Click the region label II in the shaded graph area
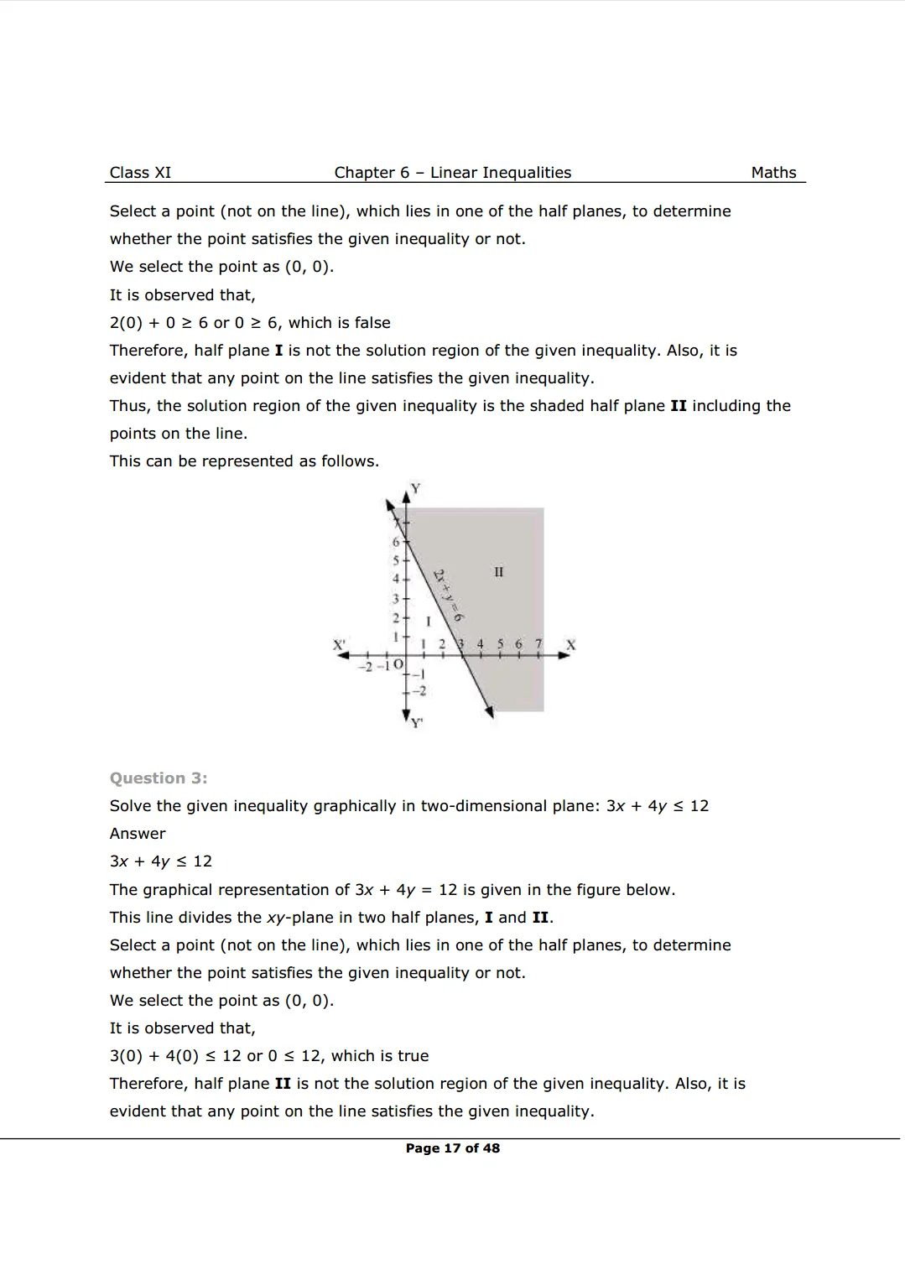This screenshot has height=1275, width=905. pyautogui.click(x=499, y=572)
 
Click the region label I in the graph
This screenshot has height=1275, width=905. pyautogui.click(x=429, y=622)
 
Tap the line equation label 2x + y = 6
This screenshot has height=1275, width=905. pyautogui.click(x=449, y=595)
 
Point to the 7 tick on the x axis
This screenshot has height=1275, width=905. pyautogui.click(x=538, y=644)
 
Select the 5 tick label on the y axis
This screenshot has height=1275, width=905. pyautogui.click(x=396, y=560)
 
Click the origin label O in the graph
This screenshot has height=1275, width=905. pyautogui.click(x=398, y=665)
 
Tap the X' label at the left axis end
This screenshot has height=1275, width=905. pyautogui.click(x=339, y=645)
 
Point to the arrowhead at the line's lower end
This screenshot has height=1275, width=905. pyautogui.click(x=490, y=712)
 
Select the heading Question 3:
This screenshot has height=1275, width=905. pyautogui.click(x=159, y=778)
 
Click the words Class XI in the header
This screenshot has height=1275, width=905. pyautogui.click(x=140, y=173)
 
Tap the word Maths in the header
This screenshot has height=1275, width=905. pyautogui.click(x=773, y=173)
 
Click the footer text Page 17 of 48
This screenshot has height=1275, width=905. pyautogui.click(x=452, y=1148)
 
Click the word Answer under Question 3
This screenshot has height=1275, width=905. pyautogui.click(x=138, y=834)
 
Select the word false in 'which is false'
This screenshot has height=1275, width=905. pyautogui.click(x=372, y=323)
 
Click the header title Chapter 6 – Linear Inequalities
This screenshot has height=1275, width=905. pyautogui.click(x=452, y=173)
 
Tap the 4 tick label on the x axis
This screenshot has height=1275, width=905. pyautogui.click(x=480, y=644)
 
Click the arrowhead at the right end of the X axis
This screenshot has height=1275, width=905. pyautogui.click(x=565, y=655)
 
